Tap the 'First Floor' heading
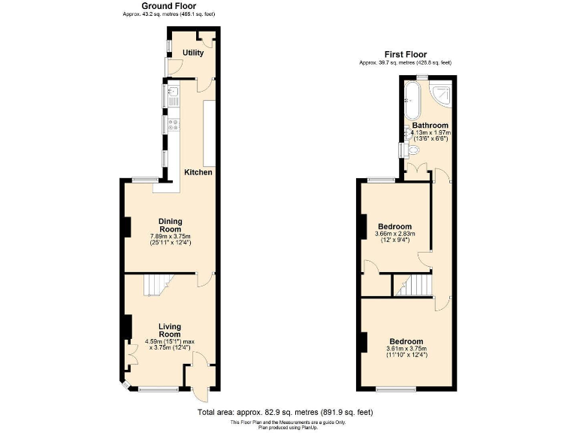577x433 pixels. (x=405, y=54)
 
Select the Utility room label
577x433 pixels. (x=193, y=53)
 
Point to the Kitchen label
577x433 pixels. (x=198, y=172)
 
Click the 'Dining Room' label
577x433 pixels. (x=171, y=225)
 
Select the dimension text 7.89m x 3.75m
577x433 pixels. (x=171, y=236)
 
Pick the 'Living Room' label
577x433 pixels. (x=171, y=330)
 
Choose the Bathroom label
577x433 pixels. (x=430, y=126)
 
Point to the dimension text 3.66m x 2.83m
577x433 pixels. (x=395, y=235)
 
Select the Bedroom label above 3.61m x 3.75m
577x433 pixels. (x=405, y=341)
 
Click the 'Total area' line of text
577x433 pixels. (x=285, y=412)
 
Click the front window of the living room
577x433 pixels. (x=158, y=389)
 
